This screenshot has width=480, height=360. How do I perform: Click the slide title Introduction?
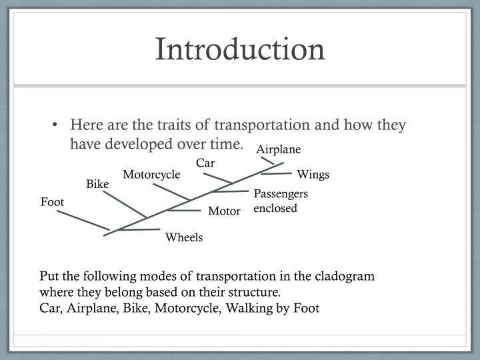(240, 50)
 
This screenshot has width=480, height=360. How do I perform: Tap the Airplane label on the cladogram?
(279, 149)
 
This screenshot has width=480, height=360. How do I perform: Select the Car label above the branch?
(206, 163)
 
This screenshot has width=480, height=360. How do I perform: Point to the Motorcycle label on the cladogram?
(151, 175)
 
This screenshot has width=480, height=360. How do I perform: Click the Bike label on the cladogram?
(97, 184)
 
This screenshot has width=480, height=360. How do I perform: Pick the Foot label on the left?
(52, 201)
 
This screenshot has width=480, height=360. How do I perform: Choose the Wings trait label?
(313, 175)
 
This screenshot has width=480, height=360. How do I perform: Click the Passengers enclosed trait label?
(281, 201)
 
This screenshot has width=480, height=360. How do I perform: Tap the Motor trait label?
(224, 211)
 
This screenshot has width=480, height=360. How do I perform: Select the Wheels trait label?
(184, 237)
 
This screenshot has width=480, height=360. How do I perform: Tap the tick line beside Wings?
(277, 174)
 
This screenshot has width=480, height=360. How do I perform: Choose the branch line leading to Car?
(217, 179)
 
